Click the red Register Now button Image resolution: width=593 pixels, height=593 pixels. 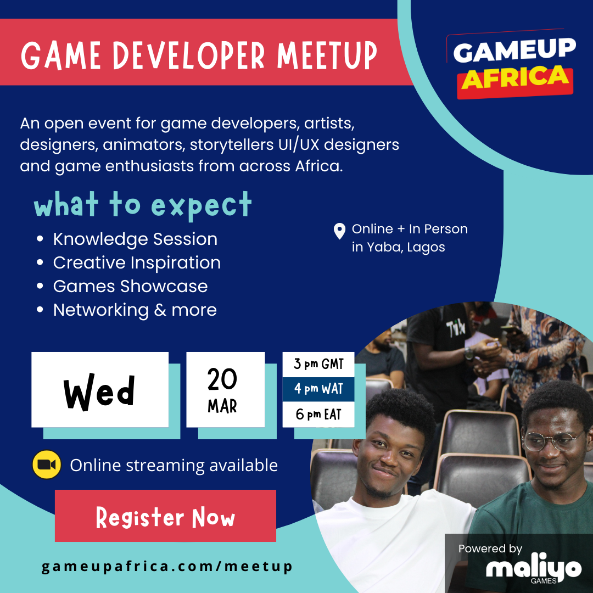point(165,516)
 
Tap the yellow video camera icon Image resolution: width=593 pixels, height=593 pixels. point(47,465)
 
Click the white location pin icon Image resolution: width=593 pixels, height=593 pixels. point(339,231)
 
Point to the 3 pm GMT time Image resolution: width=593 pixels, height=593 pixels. point(318,364)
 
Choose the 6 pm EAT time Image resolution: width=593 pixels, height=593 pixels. point(318,415)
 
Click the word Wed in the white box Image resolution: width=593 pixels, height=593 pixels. point(99,392)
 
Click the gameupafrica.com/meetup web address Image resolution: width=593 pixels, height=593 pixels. point(167,567)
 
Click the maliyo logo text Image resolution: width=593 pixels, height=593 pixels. point(533,567)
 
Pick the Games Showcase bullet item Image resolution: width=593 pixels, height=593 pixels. point(131,286)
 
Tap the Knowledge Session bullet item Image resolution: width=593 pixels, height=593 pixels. point(136,239)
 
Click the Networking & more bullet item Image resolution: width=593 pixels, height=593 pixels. point(135,310)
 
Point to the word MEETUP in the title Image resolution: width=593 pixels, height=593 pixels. point(327,55)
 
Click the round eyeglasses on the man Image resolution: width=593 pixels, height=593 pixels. point(553,440)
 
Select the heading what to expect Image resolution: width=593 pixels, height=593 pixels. point(143,205)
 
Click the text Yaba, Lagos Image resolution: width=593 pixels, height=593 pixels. point(406,247)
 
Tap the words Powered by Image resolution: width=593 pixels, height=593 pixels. point(490,549)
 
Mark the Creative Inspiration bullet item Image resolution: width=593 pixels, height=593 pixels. point(137,263)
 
